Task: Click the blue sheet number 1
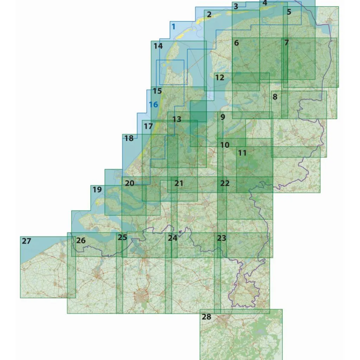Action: [173, 26]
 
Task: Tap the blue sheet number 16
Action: [153, 104]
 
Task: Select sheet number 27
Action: [26, 241]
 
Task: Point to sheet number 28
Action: [207, 317]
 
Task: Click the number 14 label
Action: [158, 46]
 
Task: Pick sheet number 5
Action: [289, 12]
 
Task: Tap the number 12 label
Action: [220, 78]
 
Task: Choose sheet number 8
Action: [275, 97]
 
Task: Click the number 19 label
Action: [97, 190]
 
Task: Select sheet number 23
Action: [221, 238]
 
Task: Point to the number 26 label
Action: [81, 241]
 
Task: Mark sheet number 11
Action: [242, 153]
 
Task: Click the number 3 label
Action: [236, 6]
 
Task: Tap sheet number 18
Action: [129, 138]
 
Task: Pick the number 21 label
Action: [179, 183]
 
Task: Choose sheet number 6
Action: [236, 43]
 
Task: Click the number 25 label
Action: [122, 237]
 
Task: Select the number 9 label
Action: [222, 117]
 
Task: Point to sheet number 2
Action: [209, 15]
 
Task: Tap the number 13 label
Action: [176, 119]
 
